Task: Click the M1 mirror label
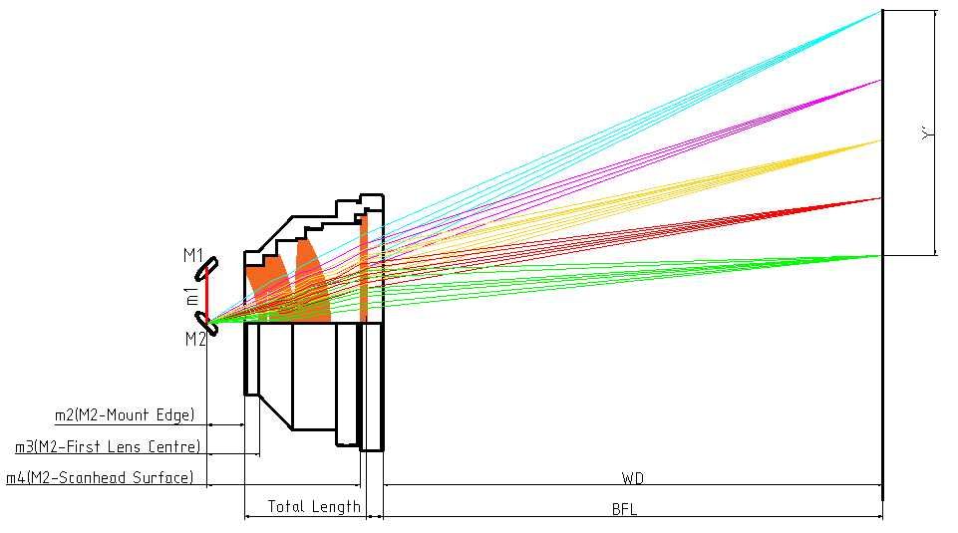(x=192, y=256)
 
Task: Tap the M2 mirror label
(x=194, y=340)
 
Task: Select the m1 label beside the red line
(x=191, y=296)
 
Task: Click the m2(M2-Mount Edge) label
(x=125, y=415)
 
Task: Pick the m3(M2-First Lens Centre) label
(x=108, y=446)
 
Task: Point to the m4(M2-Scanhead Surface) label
(x=100, y=478)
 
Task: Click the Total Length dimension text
(x=314, y=507)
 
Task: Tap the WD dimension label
(x=632, y=479)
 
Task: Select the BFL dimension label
(x=624, y=510)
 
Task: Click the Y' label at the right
(x=928, y=133)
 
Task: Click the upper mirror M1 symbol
(x=207, y=268)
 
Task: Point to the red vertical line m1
(x=207, y=296)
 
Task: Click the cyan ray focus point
(x=881, y=11)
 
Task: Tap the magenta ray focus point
(x=881, y=80)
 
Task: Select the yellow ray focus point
(x=881, y=140)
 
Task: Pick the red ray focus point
(x=881, y=198)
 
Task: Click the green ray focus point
(x=881, y=256)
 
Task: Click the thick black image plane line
(x=882, y=379)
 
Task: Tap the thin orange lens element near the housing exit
(x=364, y=269)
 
